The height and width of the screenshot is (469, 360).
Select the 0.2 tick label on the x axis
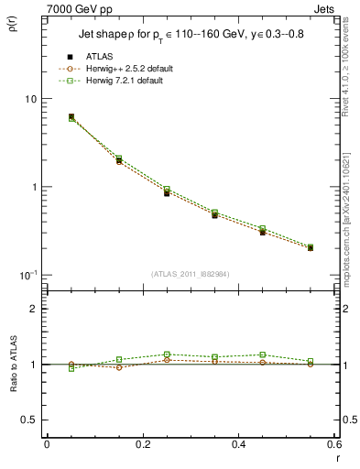coord(143,445)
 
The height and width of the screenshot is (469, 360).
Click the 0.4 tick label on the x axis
coord(239,445)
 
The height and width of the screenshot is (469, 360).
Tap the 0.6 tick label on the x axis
coord(333,445)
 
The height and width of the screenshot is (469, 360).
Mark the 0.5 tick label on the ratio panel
coord(29,420)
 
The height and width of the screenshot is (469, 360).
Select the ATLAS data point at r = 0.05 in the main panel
coord(71,117)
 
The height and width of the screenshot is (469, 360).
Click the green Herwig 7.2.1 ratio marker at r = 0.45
coord(262,354)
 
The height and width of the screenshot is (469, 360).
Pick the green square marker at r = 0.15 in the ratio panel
coord(119,359)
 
